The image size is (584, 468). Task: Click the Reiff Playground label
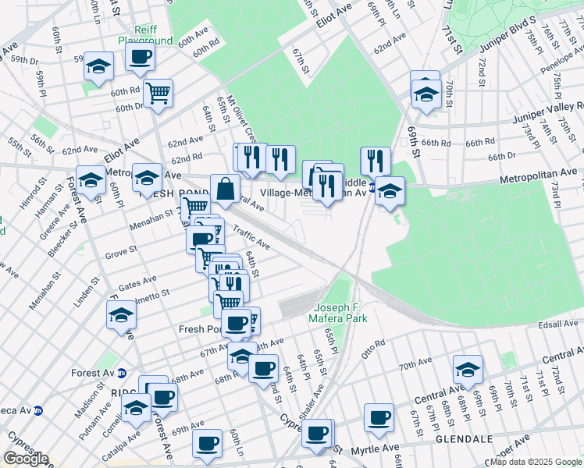[x=144, y=34]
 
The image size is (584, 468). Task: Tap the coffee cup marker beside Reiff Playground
[x=140, y=56]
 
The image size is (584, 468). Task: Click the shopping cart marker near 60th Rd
[x=158, y=94]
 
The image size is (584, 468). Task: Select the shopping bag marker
[x=225, y=189]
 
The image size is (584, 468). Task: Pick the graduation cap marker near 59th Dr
[x=99, y=66]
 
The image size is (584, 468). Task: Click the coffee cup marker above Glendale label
[x=379, y=417]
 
